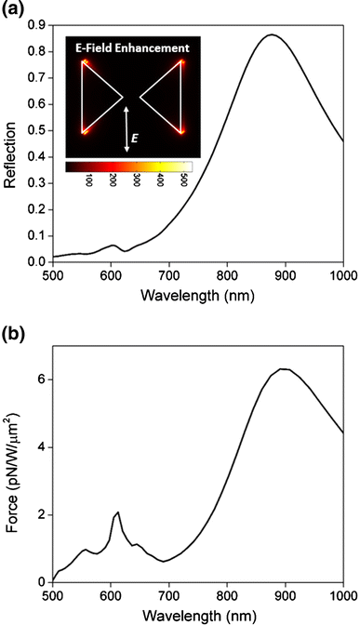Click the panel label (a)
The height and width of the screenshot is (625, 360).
coord(11,9)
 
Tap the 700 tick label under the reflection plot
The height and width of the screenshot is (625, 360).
coord(169,275)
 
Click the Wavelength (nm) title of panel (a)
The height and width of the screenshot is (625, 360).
coord(198,296)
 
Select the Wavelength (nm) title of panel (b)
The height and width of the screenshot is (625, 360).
coord(198,615)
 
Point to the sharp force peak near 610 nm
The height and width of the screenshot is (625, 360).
coord(118,512)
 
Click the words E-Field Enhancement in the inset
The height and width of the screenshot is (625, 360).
coord(133,48)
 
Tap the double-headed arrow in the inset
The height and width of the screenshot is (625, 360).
coord(127,128)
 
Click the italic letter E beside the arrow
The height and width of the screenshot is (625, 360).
coord(134,139)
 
